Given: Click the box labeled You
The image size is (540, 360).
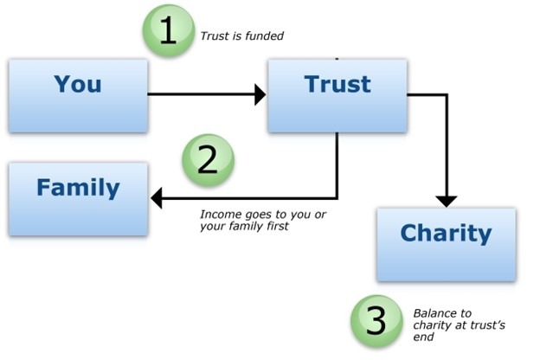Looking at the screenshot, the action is tap(79, 95).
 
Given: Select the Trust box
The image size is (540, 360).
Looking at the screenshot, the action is tap(337, 95).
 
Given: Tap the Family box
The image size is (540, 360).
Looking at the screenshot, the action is tap(79, 199).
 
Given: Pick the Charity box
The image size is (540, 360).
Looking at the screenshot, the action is tap(447, 244).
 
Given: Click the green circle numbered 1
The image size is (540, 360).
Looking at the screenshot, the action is tap(169, 30).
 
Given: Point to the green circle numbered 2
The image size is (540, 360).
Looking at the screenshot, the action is tap(208, 160).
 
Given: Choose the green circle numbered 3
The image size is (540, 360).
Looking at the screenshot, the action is tap(376, 321).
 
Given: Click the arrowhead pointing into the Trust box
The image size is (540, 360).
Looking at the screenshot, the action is tap(260, 94).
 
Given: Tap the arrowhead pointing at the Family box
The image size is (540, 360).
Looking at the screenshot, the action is tap(157, 198).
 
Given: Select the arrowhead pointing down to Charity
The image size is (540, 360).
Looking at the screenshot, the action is tap(447, 202).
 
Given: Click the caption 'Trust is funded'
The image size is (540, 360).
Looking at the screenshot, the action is tap(242, 35).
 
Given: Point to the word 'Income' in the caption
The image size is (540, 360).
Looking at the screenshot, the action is tap(221, 215).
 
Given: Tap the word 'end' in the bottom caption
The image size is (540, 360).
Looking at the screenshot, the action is tap(423, 337).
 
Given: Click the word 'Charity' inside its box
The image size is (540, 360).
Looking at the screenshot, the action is tap(446, 234).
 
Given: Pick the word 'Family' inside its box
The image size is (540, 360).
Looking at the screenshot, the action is tap(78, 188).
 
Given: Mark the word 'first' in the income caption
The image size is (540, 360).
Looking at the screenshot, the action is tap(278, 226).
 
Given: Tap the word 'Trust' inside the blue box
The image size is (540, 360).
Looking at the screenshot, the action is tap(337, 84).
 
